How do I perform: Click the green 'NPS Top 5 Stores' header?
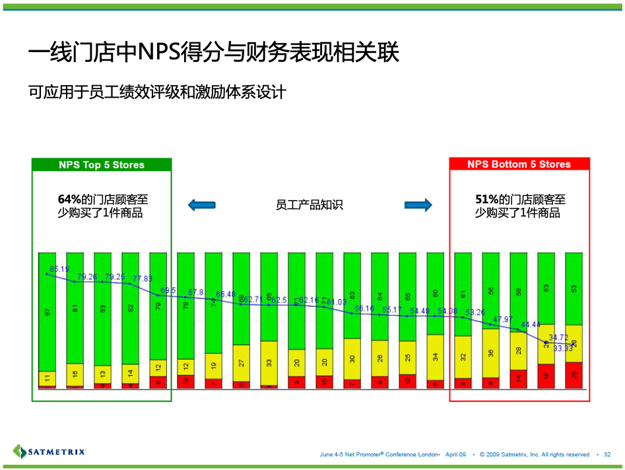click(x=102, y=165)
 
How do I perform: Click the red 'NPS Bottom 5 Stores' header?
click(x=519, y=164)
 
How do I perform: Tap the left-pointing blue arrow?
click(x=202, y=205)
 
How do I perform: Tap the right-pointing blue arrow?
click(x=418, y=205)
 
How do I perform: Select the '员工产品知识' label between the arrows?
click(x=309, y=205)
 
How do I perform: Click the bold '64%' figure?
click(x=69, y=199)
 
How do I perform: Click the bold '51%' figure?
click(x=486, y=199)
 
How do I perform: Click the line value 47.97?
click(x=502, y=319)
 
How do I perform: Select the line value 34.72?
click(x=558, y=337)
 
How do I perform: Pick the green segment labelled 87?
click(x=47, y=312)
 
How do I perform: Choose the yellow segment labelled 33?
click(x=269, y=363)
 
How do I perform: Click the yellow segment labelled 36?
click(x=490, y=353)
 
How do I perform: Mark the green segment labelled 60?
click(x=435, y=293)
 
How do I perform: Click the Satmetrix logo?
click(x=49, y=452)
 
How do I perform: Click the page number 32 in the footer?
click(x=607, y=454)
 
